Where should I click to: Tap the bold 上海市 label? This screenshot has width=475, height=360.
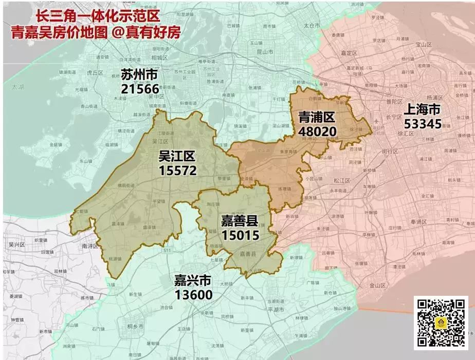tap(422, 109)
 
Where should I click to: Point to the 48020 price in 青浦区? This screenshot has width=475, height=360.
tap(317, 131)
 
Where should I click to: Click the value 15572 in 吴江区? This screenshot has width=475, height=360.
tap(177, 170)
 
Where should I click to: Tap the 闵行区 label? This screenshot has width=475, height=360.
tap(391, 151)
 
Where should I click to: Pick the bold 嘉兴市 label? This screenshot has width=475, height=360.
tap(193, 280)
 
